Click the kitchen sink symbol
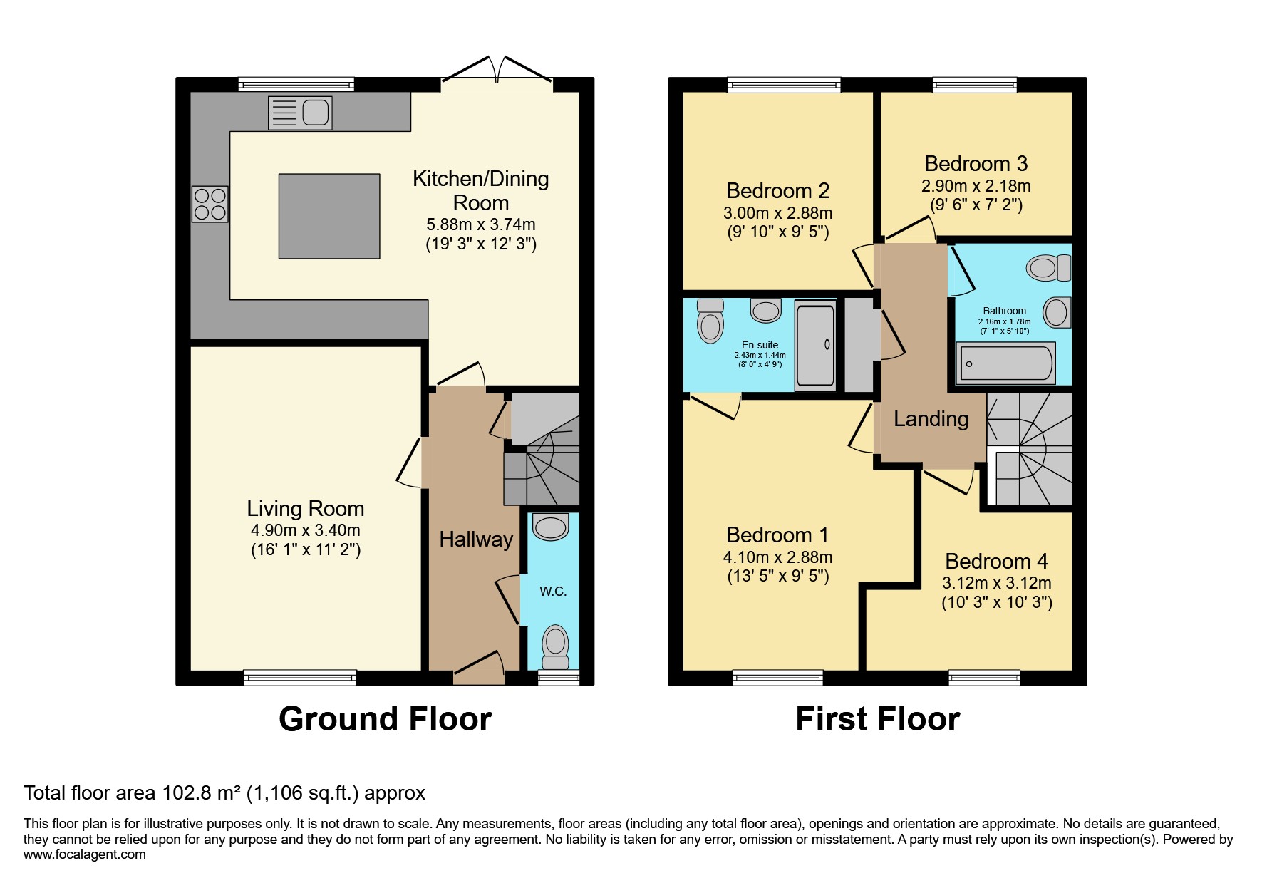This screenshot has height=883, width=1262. [300, 113]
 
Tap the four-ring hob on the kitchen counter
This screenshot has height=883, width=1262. [210, 204]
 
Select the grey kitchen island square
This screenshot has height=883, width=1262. [329, 216]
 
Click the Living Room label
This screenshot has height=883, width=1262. [305, 509]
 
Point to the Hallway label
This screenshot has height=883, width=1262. [476, 539]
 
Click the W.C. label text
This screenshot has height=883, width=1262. [553, 592]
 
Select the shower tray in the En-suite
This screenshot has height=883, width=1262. [815, 346]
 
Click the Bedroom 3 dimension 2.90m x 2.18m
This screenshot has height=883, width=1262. [976, 186]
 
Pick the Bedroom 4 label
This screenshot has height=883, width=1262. [996, 562]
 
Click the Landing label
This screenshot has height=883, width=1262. [931, 419]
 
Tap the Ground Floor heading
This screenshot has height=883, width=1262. [385, 719]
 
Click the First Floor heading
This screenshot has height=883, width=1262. [877, 719]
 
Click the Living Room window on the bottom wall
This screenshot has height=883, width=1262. [300, 678]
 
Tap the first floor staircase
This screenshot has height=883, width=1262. [1030, 449]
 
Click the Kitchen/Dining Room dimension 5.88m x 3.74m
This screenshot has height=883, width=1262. [480, 225]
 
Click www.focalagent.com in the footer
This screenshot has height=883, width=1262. [84, 854]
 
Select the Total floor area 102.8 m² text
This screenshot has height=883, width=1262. [224, 793]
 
